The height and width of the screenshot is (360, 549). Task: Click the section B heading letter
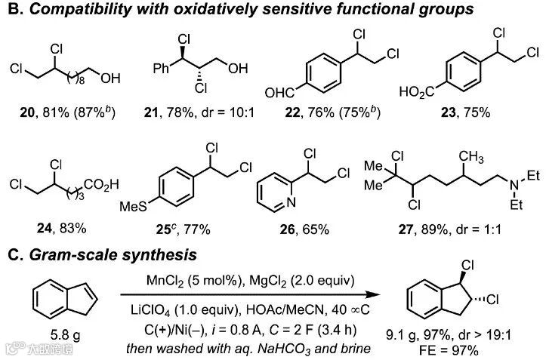click(11, 11)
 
